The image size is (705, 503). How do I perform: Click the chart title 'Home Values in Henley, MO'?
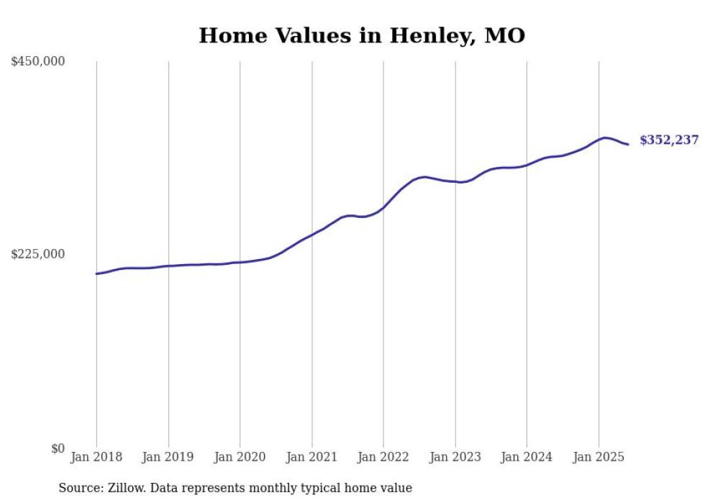(362, 35)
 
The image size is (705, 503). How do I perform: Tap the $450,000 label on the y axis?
(38, 62)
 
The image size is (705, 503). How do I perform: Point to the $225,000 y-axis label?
(38, 254)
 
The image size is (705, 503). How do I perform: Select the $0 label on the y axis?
(58, 448)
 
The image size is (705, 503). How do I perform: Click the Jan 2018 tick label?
(96, 457)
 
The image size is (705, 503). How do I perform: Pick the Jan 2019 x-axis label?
(168, 457)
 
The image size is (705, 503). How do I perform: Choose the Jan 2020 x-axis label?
(240, 457)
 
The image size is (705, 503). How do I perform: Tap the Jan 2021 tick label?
(311, 457)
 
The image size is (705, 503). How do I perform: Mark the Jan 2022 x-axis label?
(383, 457)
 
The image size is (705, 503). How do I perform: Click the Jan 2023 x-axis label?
(455, 457)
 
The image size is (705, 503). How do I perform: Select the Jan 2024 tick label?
(527, 457)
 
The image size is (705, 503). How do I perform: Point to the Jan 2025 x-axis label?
(599, 457)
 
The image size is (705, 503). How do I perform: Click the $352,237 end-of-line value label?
(669, 140)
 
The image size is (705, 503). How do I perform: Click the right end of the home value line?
(628, 145)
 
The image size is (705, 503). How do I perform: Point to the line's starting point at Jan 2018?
(96, 273)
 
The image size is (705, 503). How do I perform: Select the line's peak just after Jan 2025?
(604, 137)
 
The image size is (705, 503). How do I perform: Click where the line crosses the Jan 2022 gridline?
(383, 208)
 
